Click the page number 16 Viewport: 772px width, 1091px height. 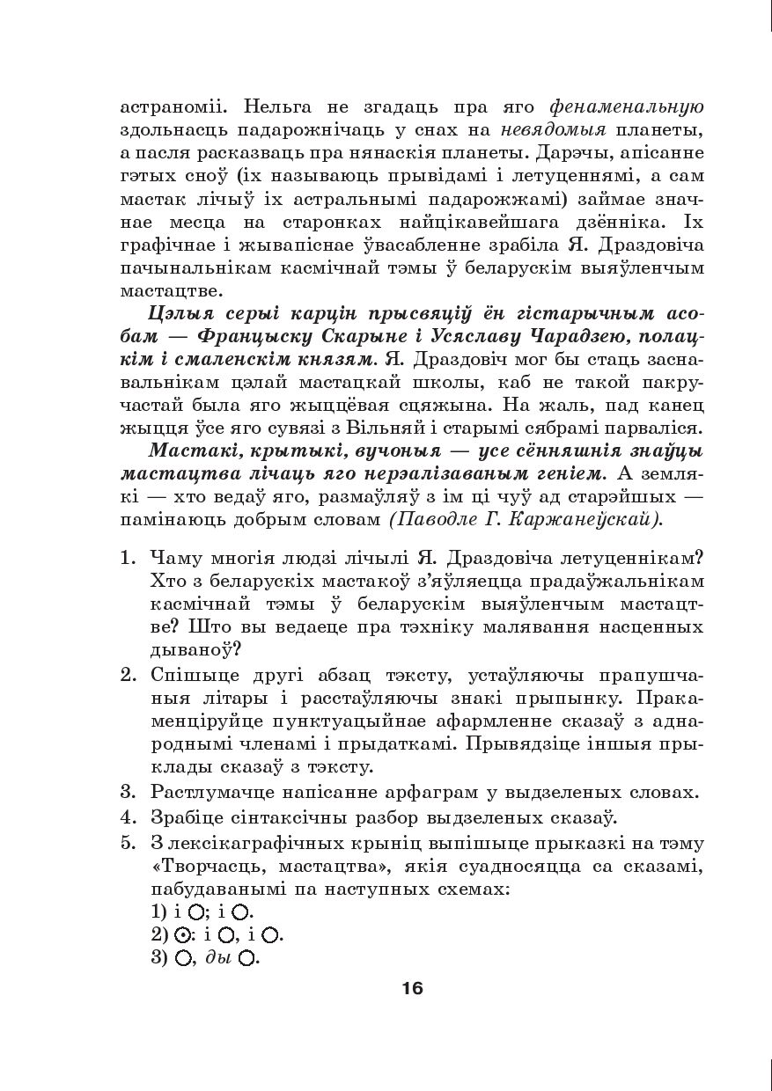[412, 988]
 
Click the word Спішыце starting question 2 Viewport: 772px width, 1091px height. [186, 676]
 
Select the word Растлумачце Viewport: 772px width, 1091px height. [208, 792]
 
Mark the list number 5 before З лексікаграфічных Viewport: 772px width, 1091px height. [127, 844]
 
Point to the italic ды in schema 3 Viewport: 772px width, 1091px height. [217, 957]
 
